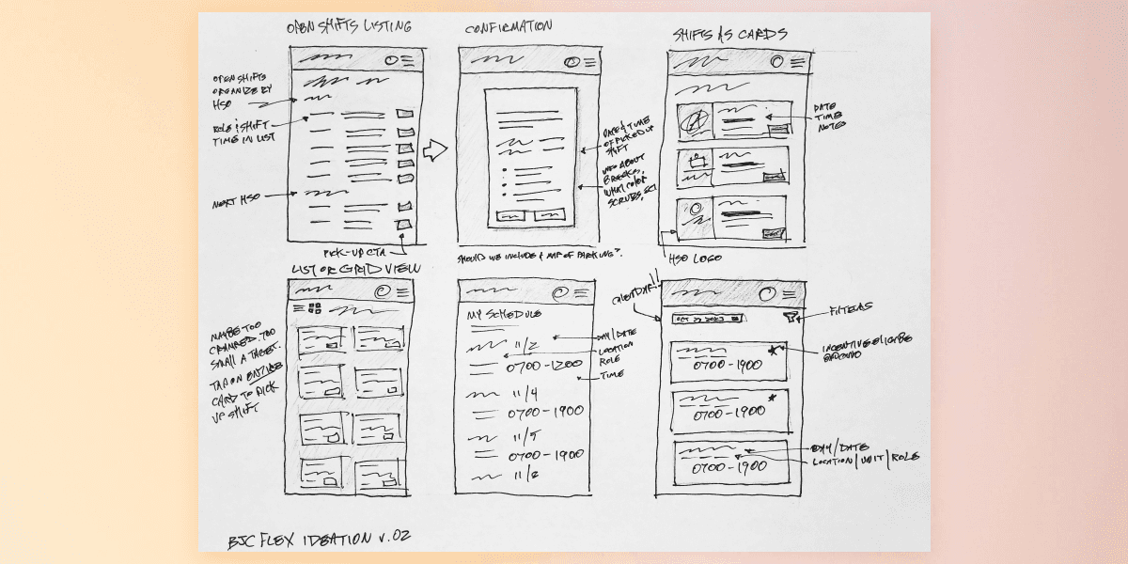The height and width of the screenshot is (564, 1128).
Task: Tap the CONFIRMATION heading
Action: click(509, 27)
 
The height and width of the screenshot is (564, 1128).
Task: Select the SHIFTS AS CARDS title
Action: click(728, 35)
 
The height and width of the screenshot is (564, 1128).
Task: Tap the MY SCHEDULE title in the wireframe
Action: click(505, 313)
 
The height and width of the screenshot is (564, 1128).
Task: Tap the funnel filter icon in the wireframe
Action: click(793, 319)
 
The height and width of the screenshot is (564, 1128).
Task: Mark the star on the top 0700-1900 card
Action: click(773, 351)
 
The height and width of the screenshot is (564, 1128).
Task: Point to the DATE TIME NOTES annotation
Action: click(830, 117)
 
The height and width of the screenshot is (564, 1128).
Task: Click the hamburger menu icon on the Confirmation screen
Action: click(589, 62)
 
